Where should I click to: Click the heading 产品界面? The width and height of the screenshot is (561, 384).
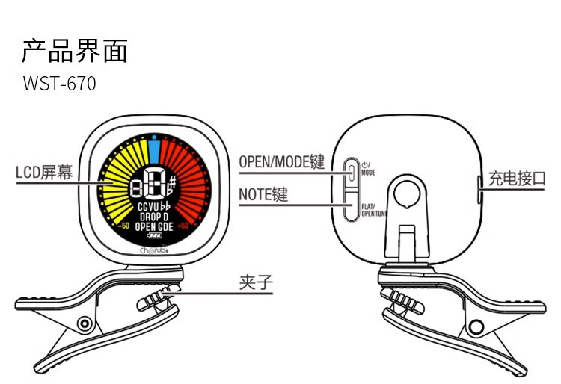[75, 51]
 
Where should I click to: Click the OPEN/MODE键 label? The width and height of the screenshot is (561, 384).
[282, 162]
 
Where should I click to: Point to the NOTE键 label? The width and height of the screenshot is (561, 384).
[263, 196]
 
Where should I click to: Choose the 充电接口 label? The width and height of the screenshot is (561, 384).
[517, 179]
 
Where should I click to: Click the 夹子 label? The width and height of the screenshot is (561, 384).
[254, 282]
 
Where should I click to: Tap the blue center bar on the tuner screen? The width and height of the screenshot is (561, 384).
[153, 152]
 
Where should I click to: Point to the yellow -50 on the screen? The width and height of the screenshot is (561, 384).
[123, 225]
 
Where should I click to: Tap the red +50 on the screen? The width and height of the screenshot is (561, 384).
[183, 225]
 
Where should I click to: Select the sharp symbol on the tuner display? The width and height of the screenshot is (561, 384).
[172, 182]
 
